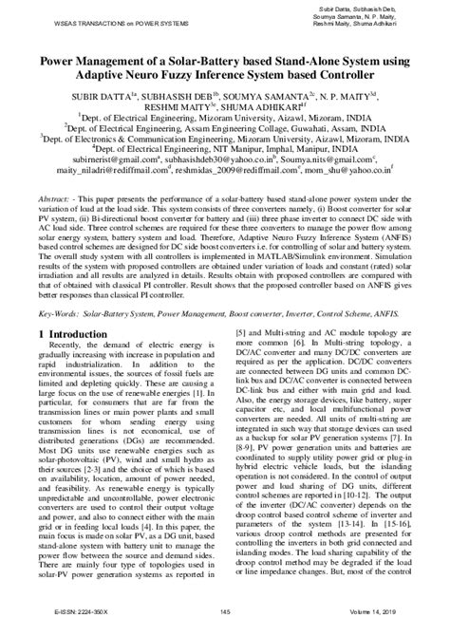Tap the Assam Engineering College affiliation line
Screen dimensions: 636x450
(x=224, y=135)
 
